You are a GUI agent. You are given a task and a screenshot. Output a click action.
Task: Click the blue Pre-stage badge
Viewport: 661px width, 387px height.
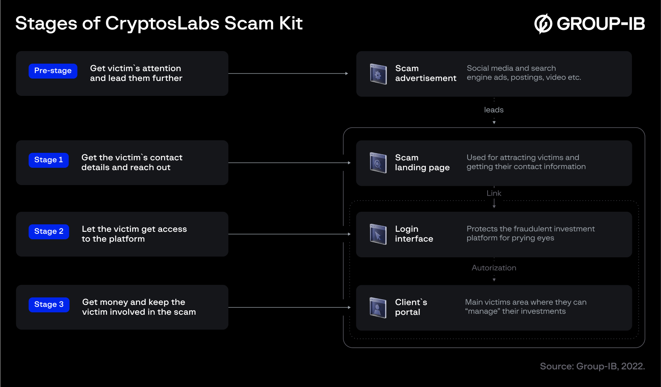tap(53, 71)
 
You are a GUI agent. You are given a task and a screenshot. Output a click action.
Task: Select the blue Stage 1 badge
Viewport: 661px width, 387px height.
tap(48, 160)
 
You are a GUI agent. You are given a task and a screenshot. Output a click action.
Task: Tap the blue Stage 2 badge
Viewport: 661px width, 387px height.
tap(49, 231)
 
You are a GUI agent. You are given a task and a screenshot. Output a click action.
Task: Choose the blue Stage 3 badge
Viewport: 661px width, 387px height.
tap(49, 304)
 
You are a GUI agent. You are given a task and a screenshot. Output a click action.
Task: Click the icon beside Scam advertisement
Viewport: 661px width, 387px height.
tap(378, 74)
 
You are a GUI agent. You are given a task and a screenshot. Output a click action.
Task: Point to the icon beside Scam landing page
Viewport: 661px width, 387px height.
tap(378, 163)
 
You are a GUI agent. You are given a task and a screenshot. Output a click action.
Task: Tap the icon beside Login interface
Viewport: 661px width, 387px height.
tap(378, 234)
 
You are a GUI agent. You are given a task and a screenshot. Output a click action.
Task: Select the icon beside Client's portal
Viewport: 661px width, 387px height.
tap(378, 307)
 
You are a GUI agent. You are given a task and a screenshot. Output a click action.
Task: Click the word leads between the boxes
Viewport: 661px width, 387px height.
tap(493, 110)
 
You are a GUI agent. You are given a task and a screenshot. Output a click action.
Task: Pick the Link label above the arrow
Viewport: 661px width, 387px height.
tap(494, 193)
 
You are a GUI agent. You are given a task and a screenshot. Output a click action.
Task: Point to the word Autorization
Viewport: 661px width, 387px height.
tap(494, 268)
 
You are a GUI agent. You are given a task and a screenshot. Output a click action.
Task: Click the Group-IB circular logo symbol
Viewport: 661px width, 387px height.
tap(543, 24)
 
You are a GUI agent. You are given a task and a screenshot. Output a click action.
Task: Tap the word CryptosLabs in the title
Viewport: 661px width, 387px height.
tap(162, 24)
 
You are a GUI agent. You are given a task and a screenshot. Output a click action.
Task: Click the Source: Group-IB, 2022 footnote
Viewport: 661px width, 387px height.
tap(592, 366)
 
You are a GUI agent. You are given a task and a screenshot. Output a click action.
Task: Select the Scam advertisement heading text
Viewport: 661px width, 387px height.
tap(425, 73)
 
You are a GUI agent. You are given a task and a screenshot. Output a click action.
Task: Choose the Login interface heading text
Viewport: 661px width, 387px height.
tap(414, 234)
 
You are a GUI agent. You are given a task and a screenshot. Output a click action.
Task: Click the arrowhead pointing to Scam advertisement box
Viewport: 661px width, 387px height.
tap(346, 73)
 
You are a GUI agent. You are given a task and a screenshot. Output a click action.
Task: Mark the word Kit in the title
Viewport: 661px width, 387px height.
tap(291, 24)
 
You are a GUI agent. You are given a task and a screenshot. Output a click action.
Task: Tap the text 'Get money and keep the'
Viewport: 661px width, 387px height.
tap(134, 302)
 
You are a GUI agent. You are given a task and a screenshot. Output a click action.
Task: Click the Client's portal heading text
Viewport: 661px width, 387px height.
tap(411, 307)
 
